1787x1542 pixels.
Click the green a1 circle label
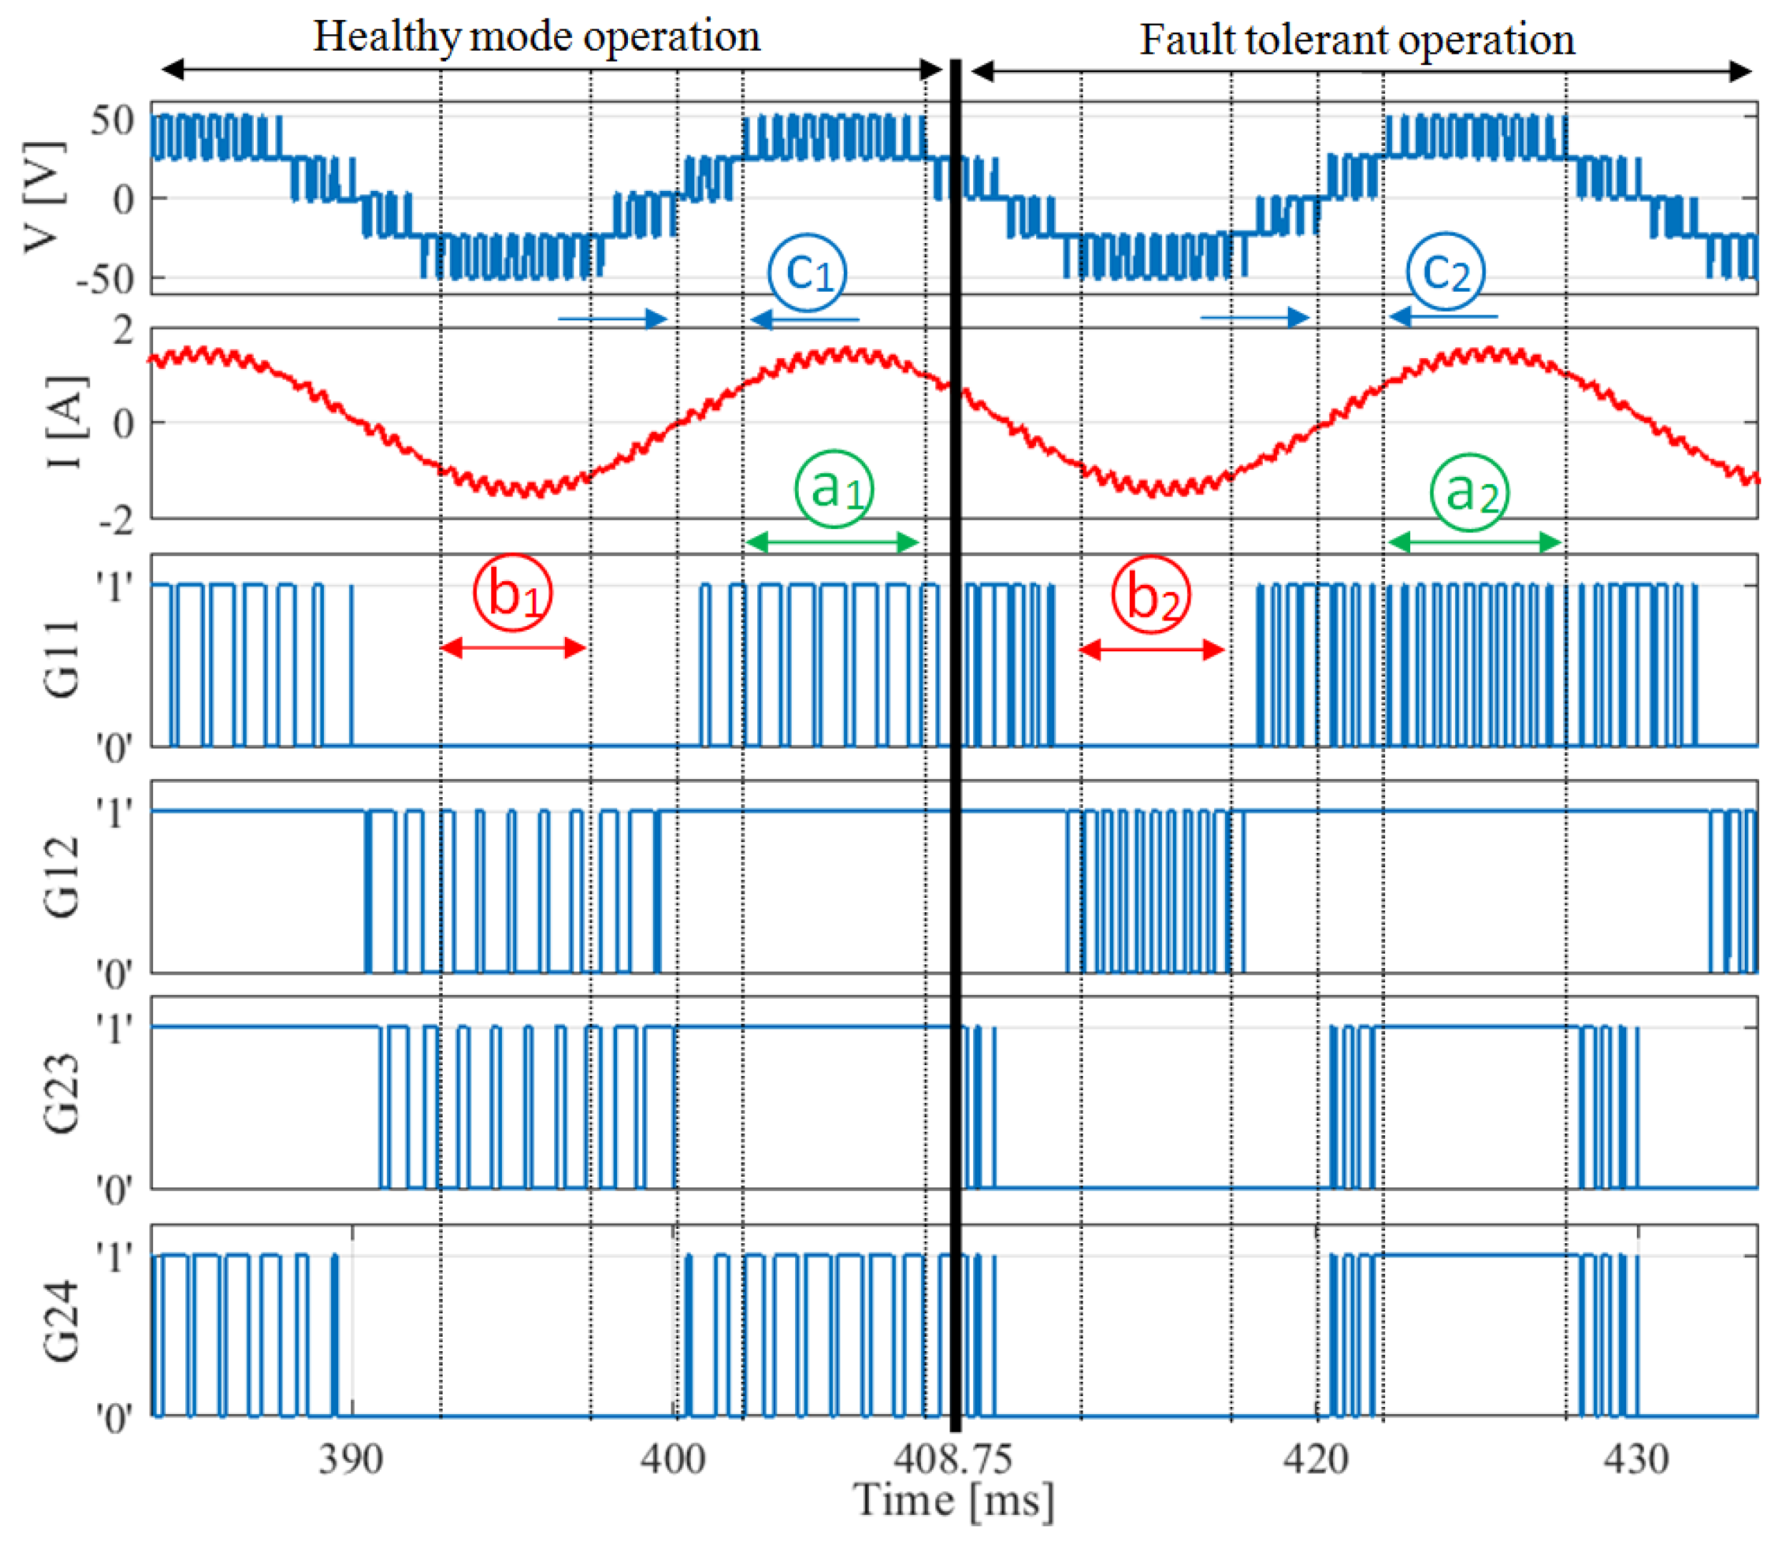833,489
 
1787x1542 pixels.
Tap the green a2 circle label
1470,493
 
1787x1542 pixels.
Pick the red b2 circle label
1151,595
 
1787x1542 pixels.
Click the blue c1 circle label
807,272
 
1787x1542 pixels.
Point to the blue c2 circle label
1444,272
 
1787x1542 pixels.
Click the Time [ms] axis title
953,1501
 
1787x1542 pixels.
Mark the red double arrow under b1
513,648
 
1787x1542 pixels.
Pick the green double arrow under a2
1475,543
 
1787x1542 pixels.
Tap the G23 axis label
62,1094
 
